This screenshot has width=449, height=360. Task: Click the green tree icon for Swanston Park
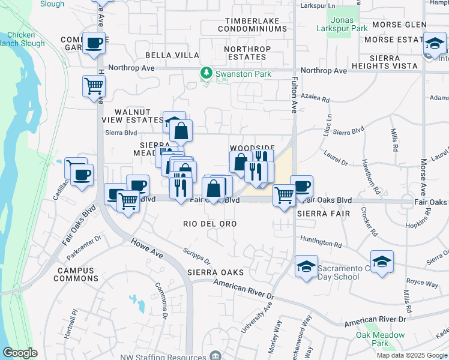tap(206, 73)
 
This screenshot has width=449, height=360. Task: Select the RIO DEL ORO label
tap(209, 224)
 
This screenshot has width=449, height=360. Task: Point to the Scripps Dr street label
tap(197, 257)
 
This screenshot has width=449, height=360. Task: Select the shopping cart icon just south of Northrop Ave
tap(94, 86)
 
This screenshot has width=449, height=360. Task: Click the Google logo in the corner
tap(20, 353)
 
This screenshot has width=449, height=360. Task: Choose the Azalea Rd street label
tap(317, 99)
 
